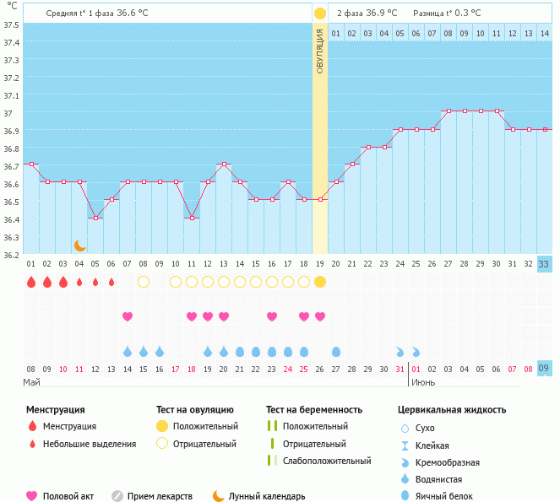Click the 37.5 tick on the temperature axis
click(x=12, y=24)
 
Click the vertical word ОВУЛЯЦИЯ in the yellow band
click(x=320, y=51)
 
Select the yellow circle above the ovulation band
click(x=320, y=13)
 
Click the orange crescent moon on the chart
click(x=80, y=245)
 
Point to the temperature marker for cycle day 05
click(x=95, y=218)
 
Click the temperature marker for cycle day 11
click(x=192, y=218)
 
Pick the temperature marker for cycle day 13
click(x=224, y=165)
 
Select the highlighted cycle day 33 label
click(x=545, y=264)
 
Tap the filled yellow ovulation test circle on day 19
click(x=320, y=282)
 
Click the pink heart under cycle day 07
click(x=128, y=316)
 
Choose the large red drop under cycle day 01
click(x=31, y=282)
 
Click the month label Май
click(x=31, y=382)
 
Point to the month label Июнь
click(x=424, y=382)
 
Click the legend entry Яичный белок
click(x=450, y=496)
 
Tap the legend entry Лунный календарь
click(x=270, y=496)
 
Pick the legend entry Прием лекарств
click(x=160, y=496)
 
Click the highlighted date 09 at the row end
click(x=545, y=369)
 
